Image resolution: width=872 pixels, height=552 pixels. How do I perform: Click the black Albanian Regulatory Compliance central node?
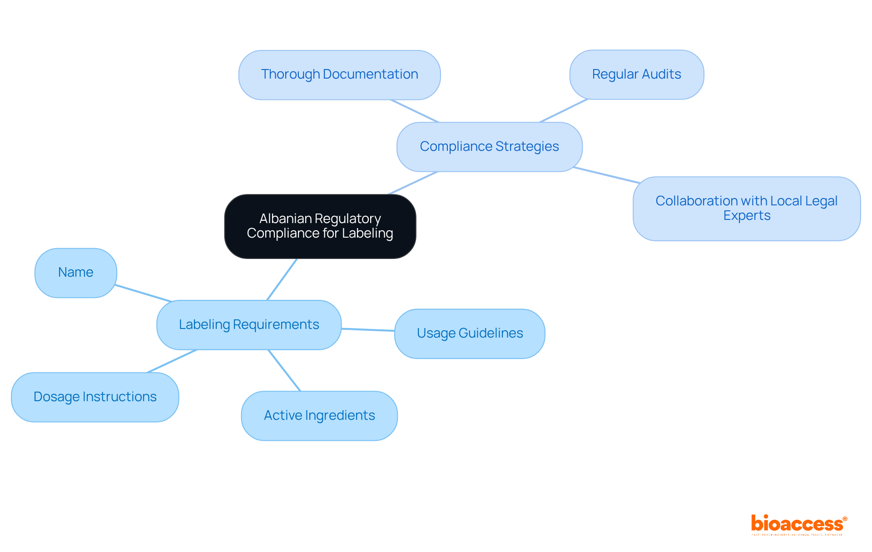coord(320,226)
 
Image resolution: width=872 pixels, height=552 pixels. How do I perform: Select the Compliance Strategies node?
coord(489,147)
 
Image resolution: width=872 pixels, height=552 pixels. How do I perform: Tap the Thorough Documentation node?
coord(339,75)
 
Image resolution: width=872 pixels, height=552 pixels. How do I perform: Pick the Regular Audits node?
coord(636,75)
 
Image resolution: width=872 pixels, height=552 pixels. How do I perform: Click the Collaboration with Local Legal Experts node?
coord(746,208)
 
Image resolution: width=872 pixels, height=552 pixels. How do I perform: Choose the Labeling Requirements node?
coord(249,325)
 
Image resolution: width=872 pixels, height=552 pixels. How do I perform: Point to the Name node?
coord(76,273)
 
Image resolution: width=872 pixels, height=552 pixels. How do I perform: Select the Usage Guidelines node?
coord(470,333)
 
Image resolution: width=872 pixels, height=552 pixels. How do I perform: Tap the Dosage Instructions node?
coord(95,397)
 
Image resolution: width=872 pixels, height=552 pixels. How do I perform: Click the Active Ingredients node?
coord(319,416)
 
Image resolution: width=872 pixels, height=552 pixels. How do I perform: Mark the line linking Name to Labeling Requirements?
coord(143,293)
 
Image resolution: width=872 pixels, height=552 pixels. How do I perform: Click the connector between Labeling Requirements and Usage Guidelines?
coord(368,329)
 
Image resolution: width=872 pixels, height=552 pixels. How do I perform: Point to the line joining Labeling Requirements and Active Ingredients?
coord(284,370)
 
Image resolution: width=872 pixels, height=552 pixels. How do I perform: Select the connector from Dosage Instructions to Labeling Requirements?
coord(172,361)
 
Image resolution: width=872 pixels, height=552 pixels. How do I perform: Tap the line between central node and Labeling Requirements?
coord(282,279)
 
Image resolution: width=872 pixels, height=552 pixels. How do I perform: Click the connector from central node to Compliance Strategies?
coord(413,183)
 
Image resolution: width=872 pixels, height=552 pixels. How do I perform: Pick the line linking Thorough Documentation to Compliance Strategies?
coord(414,111)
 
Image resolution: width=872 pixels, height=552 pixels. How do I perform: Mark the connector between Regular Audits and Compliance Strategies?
coord(563,110)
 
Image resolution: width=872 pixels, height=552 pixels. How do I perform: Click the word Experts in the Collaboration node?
coord(747,216)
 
